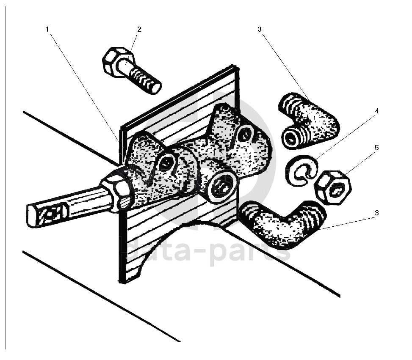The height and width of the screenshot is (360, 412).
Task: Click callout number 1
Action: [x=47, y=29]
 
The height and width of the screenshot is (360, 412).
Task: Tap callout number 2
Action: [x=139, y=29]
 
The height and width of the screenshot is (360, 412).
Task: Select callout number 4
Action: [x=376, y=111]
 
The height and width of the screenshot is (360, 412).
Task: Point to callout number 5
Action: [x=376, y=148]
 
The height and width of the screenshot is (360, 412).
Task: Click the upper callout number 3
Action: [x=260, y=29]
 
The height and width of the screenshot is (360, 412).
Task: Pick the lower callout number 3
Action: [x=376, y=213]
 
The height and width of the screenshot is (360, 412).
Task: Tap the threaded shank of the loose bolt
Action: [x=145, y=80]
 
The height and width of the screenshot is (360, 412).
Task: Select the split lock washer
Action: [x=301, y=170]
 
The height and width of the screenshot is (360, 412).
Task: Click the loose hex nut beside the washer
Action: [x=333, y=187]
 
